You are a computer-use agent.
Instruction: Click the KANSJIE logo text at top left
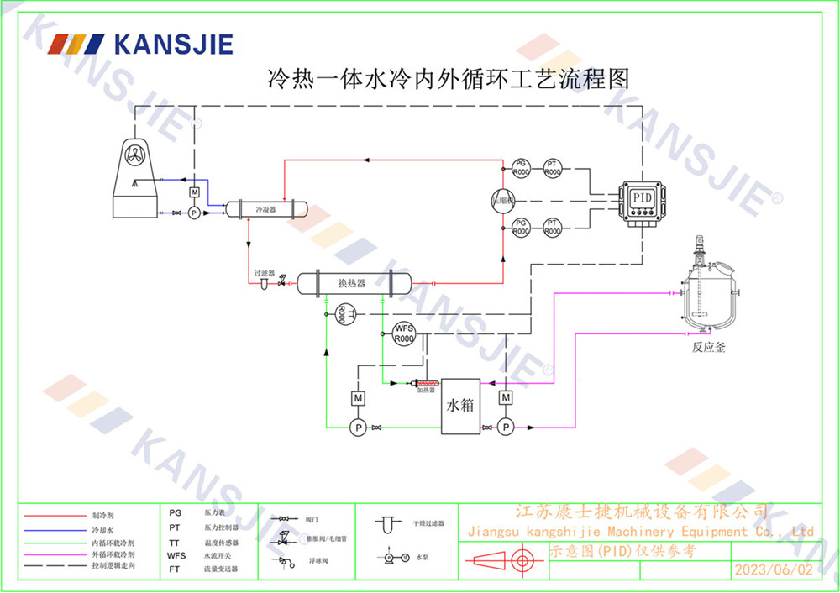(172, 44)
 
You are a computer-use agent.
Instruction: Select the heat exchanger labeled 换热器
(352, 283)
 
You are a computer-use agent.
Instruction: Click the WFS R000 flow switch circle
(405, 333)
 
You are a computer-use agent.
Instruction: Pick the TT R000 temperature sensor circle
(342, 313)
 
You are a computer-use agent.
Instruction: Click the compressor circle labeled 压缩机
(504, 199)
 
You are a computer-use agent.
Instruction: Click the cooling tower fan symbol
(135, 155)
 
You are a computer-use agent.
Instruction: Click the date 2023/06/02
(774, 569)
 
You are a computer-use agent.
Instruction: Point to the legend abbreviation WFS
(176, 555)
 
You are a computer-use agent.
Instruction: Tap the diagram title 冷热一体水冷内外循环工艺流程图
(448, 80)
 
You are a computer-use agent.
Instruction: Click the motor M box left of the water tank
(358, 397)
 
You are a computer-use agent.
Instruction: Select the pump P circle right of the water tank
(506, 428)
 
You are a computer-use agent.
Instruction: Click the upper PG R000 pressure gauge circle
(521, 167)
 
